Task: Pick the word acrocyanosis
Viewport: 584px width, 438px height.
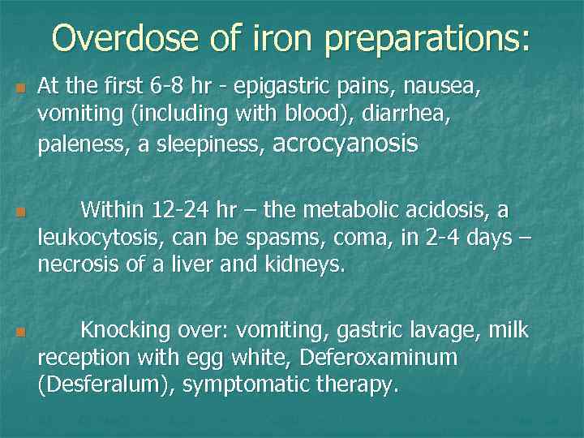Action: point(346,144)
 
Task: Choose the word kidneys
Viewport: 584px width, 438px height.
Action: point(307,264)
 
